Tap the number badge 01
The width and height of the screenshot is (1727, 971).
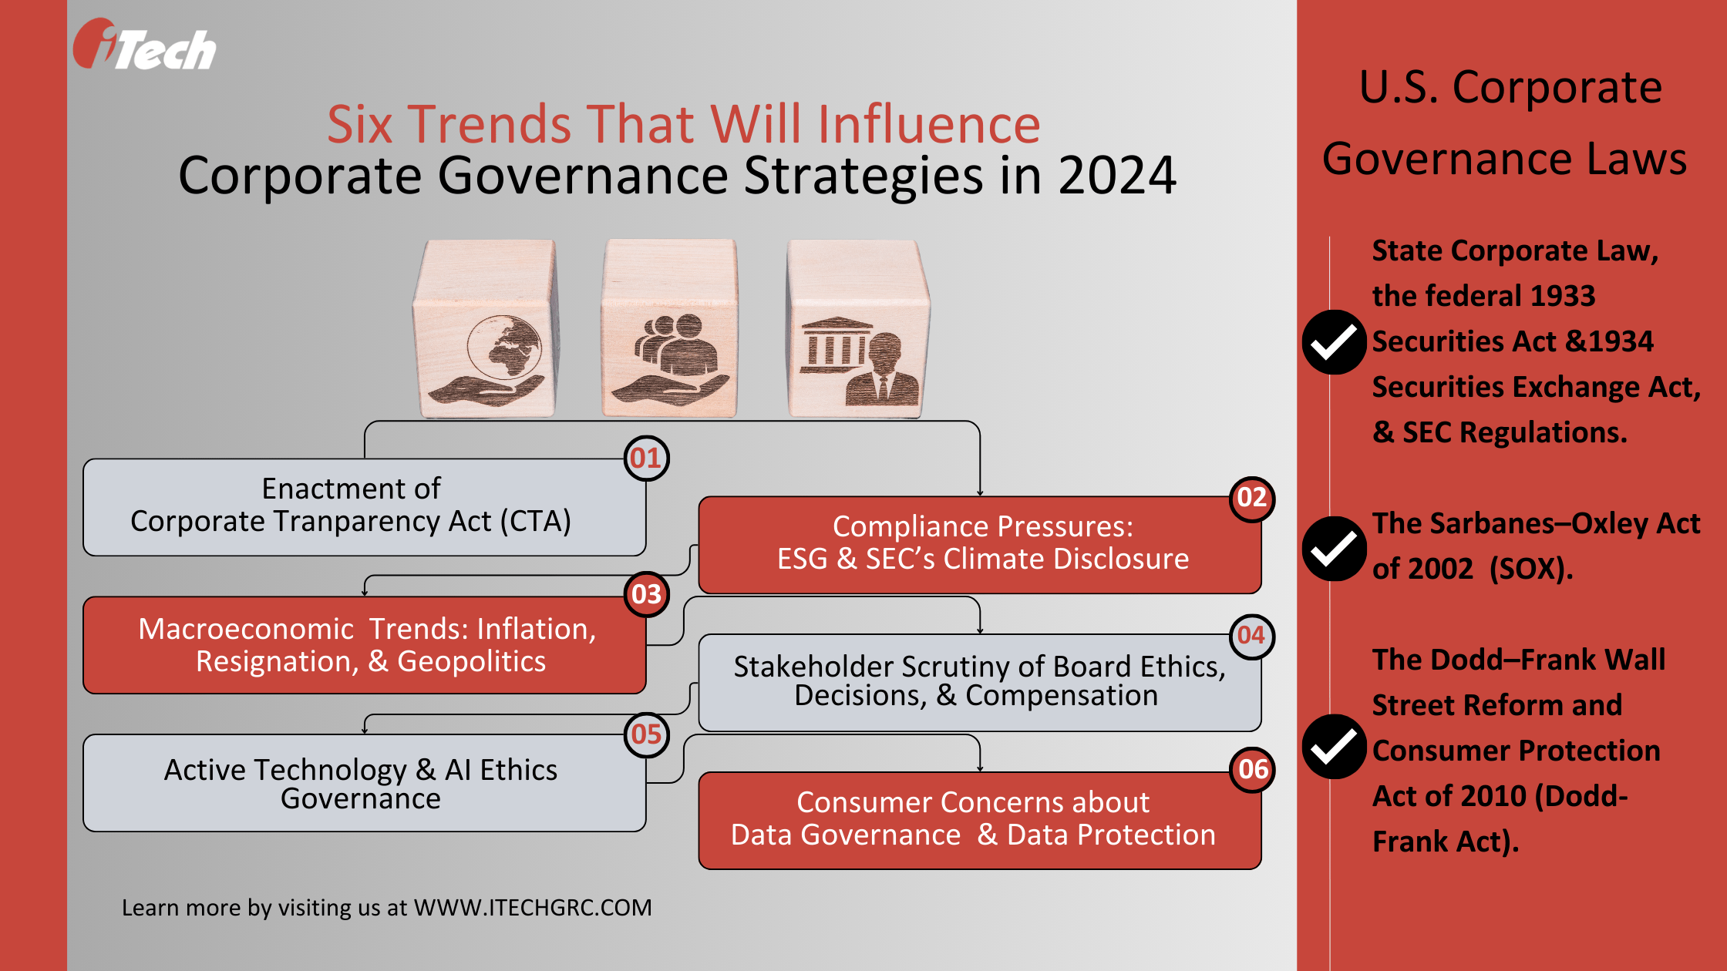coord(646,459)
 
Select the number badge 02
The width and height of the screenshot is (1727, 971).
coord(1251,498)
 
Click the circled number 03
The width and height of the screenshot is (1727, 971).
coord(646,595)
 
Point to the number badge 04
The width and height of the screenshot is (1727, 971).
coord(1251,636)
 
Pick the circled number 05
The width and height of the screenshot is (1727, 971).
coord(646,734)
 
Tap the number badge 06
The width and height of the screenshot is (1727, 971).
coord(1252,769)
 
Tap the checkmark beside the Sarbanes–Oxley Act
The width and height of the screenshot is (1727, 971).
coord(1334,548)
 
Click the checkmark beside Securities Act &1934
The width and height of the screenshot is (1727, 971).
coord(1334,342)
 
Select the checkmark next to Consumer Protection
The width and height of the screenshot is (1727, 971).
coord(1334,747)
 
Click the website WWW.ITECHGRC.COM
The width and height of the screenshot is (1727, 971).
coord(533,908)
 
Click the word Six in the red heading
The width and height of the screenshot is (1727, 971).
coord(360,124)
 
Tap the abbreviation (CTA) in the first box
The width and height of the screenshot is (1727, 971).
coord(535,522)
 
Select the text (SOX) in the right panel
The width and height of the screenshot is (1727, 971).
coord(1530,569)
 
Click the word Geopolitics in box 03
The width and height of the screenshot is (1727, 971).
coord(471,662)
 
